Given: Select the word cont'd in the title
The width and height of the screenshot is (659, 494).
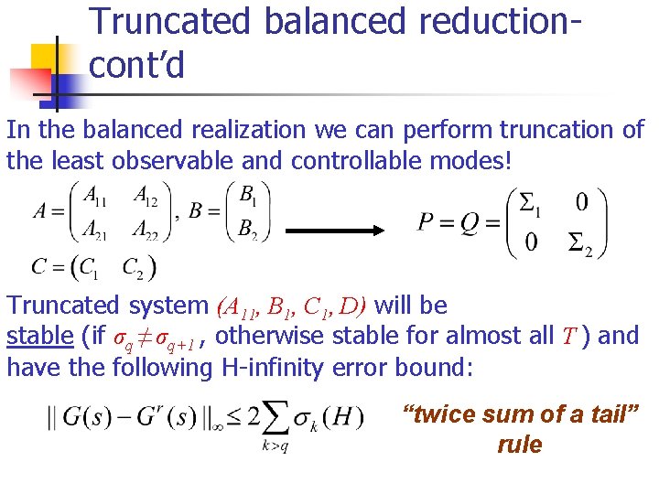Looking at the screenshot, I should pyautogui.click(x=136, y=66).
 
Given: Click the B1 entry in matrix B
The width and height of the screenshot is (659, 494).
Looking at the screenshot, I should pyautogui.click(x=247, y=194).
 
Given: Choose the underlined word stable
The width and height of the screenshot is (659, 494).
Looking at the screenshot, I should pyautogui.click(x=39, y=336).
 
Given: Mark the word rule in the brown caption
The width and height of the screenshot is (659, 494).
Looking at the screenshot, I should pyautogui.click(x=520, y=445).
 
